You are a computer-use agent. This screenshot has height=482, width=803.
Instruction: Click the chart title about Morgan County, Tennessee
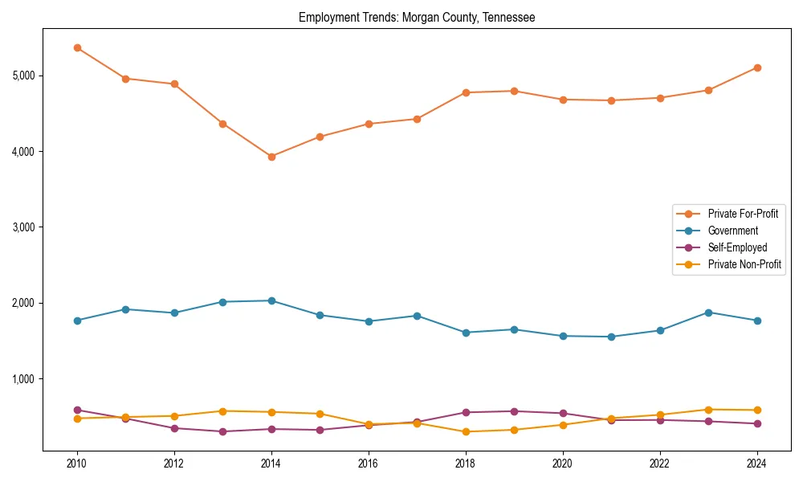coord(417,17)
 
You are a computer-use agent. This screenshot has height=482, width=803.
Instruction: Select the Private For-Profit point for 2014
coord(271,157)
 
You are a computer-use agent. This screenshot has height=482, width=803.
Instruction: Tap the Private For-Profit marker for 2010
coord(77,47)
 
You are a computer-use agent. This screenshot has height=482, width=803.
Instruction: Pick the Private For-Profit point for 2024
coord(757,67)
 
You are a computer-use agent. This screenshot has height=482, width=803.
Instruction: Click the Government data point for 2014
coord(271,300)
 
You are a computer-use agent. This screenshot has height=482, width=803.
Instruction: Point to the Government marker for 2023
coord(708,312)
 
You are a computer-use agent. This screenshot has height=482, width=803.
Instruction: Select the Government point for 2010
coord(77,321)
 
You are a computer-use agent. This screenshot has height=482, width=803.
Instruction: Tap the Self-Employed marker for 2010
coord(77,410)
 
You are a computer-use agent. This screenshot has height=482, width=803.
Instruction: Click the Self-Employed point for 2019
coord(514,411)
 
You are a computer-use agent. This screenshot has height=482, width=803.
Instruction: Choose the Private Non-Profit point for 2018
coord(466,431)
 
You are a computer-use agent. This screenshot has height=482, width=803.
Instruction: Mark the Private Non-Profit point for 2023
coord(708,410)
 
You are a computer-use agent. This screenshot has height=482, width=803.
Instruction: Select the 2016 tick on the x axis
coord(369,464)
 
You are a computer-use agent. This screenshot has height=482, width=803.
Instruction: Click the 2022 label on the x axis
coord(660,464)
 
